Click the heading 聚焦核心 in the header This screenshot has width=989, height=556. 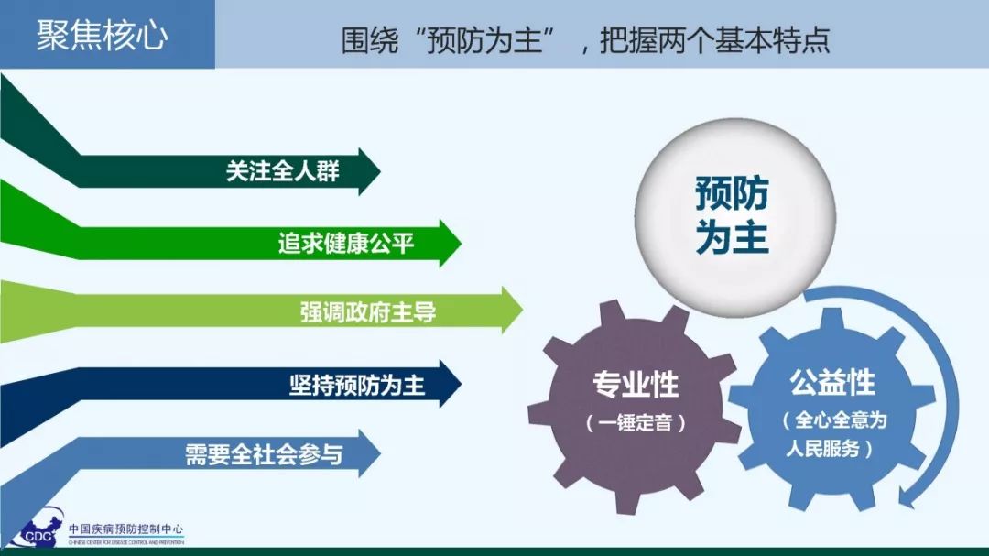pyautogui.click(x=103, y=35)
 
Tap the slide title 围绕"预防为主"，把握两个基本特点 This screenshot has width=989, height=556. pyautogui.click(x=585, y=40)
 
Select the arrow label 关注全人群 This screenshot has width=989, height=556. pyautogui.click(x=283, y=171)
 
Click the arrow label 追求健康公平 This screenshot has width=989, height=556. pyautogui.click(x=346, y=243)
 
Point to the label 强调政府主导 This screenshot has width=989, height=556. pyautogui.click(x=368, y=311)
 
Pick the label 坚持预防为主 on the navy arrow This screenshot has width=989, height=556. pyautogui.click(x=357, y=385)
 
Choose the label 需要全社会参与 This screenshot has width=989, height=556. pyautogui.click(x=265, y=454)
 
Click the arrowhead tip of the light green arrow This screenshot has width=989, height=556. pyautogui.click(x=523, y=310)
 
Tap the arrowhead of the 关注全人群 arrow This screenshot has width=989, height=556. pyautogui.click(x=370, y=171)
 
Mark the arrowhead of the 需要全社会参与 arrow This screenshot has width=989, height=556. pyautogui.click(x=370, y=453)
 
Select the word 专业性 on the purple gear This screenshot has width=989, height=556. pyautogui.click(x=636, y=385)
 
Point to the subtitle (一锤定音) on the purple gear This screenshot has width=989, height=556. pyautogui.click(x=636, y=423)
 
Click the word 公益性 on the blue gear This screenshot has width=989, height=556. pyautogui.click(x=832, y=383)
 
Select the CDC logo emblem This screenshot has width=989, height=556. pyautogui.click(x=37, y=529)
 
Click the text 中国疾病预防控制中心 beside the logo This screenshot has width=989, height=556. pyautogui.click(x=126, y=529)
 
